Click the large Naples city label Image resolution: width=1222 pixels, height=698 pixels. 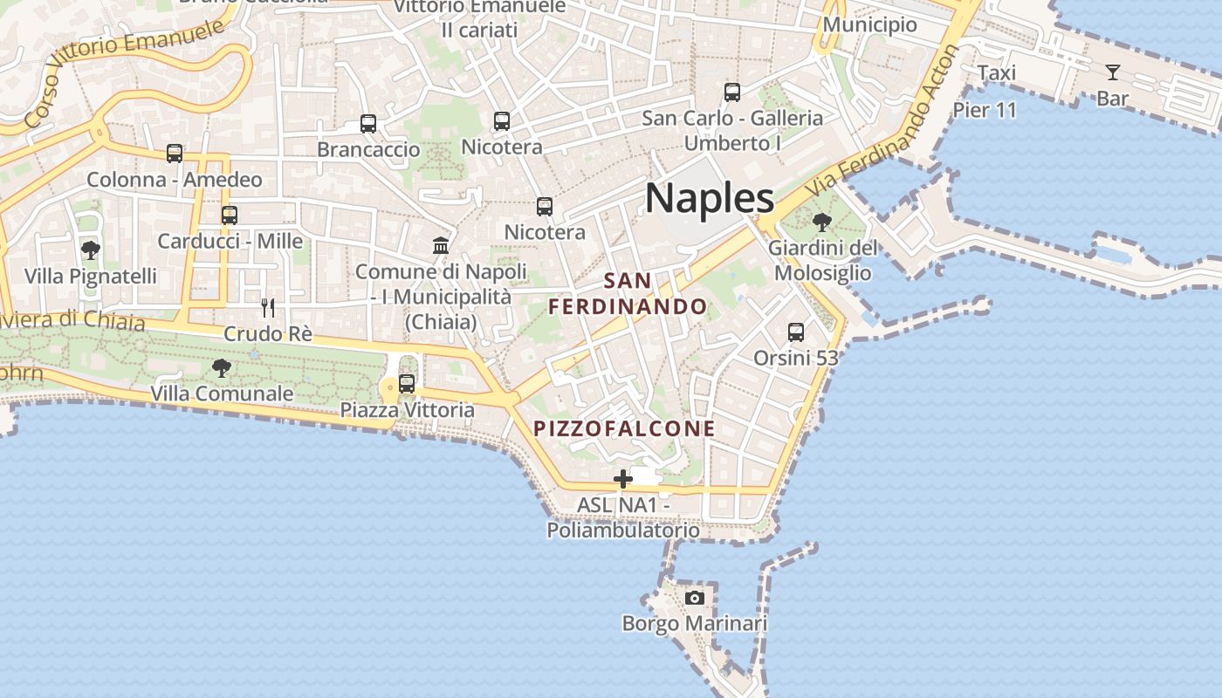coord(710,199)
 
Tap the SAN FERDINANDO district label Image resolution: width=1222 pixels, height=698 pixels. coord(628,294)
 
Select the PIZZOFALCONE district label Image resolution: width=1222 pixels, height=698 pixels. coord(624,428)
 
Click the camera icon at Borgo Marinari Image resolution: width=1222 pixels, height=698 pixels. coord(695,598)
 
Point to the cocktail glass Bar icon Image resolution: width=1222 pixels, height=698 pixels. coord(1113,72)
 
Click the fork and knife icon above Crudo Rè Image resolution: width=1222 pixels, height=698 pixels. coord(268,307)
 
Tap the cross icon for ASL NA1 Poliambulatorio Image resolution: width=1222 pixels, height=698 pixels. coord(623,479)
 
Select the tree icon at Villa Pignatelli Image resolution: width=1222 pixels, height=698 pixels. coord(90,250)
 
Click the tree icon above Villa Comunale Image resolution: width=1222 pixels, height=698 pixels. coord(222,368)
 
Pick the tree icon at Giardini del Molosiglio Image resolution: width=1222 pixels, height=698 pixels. coord(821,222)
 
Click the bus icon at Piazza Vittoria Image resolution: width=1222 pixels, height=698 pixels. coord(407,383)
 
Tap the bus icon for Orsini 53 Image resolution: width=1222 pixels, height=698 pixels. coord(796,332)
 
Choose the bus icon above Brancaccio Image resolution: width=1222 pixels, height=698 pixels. coord(368,124)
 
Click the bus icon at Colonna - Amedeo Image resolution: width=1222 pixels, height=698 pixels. coord(175,154)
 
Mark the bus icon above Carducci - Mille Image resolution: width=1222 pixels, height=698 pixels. coord(230,215)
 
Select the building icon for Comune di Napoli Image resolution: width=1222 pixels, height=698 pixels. coord(441,245)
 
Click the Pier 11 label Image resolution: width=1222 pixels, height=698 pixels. coord(985,110)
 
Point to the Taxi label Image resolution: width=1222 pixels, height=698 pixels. coord(996,72)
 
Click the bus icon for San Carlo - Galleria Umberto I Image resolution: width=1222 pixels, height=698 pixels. coord(732,92)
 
